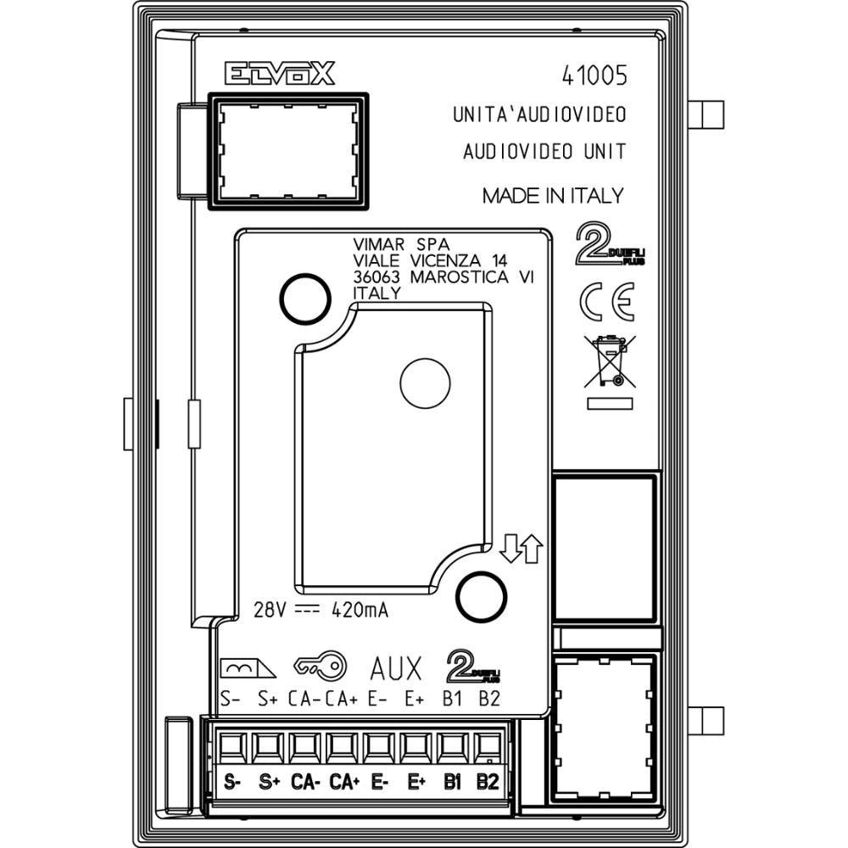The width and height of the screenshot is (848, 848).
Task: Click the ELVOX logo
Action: pyautogui.click(x=280, y=74)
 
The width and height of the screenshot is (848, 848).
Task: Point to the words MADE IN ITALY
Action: pyautogui.click(x=552, y=196)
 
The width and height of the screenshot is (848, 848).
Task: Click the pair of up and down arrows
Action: pyautogui.click(x=520, y=550)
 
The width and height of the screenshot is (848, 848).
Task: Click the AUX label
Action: pyautogui.click(x=395, y=669)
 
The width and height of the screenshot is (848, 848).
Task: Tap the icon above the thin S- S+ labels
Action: pyautogui.click(x=247, y=669)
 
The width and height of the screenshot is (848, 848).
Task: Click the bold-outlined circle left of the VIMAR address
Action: pyautogui.click(x=304, y=298)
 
